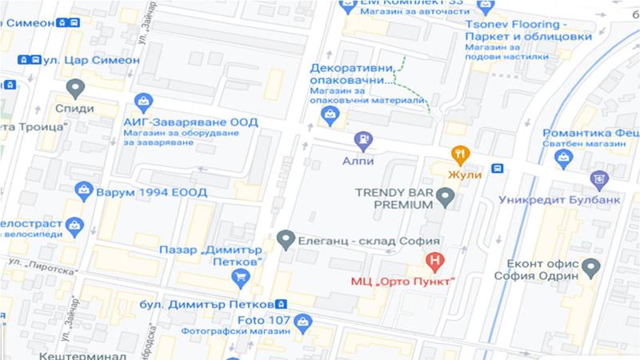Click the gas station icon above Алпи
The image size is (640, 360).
(363, 140)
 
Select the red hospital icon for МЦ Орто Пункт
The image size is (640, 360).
(435, 261)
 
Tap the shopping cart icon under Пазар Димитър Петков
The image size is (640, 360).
(238, 278)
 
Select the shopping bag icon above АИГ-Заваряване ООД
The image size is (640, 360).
(144, 102)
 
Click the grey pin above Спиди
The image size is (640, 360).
(76, 88)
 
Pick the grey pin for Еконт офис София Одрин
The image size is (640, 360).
(591, 266)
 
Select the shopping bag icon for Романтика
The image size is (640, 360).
(566, 156)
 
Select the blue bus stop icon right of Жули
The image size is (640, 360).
(498, 168)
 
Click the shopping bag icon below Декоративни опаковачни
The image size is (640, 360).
(329, 116)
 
